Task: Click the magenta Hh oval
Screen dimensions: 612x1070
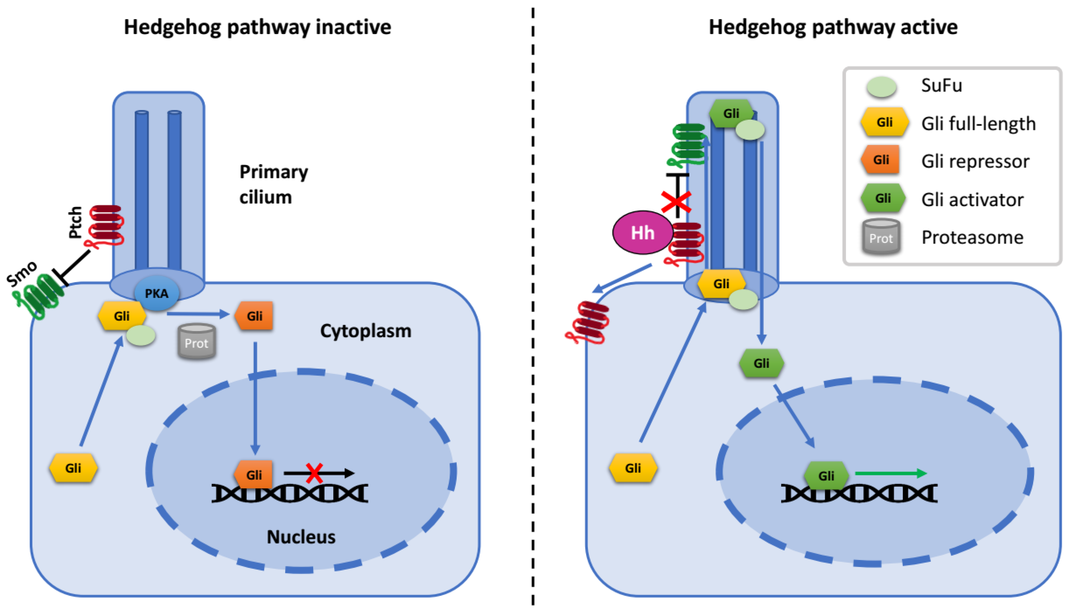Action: [642, 233]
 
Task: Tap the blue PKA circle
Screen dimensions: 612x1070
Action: [157, 294]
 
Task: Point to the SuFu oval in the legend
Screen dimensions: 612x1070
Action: [881, 87]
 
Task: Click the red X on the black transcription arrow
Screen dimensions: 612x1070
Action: [314, 473]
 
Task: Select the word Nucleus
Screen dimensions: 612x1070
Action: [301, 537]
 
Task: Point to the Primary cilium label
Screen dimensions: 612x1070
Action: [273, 184]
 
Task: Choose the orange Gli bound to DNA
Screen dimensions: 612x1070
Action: [253, 475]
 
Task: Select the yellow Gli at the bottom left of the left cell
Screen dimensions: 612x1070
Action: [73, 468]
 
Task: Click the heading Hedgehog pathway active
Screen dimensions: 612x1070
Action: [833, 27]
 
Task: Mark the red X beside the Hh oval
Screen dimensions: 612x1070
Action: [676, 202]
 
